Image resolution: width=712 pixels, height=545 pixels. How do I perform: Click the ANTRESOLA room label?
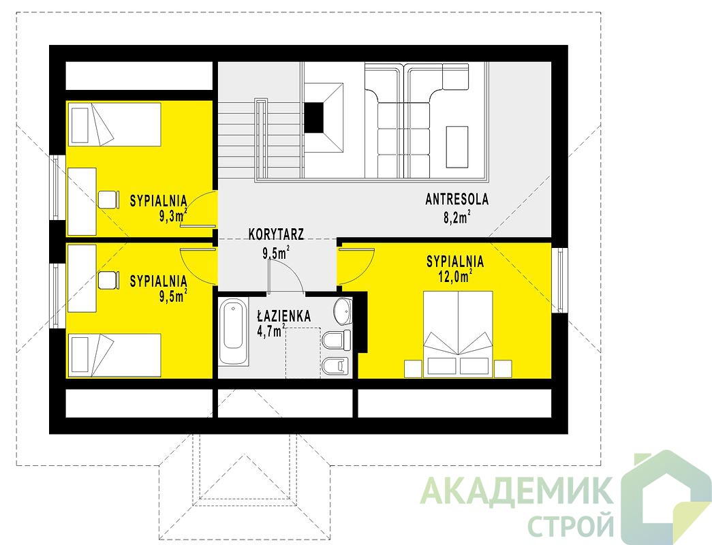coord(456,200)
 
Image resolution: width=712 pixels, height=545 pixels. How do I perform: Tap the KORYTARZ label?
coord(277,234)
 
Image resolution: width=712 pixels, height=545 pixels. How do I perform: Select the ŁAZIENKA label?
coord(283,315)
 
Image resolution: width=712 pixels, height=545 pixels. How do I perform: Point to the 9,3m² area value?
coord(173,215)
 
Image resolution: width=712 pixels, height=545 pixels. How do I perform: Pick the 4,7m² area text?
coord(271,330)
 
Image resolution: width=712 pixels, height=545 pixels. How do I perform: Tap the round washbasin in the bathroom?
coord(343,311)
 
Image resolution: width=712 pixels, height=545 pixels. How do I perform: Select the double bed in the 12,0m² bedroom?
coord(458,334)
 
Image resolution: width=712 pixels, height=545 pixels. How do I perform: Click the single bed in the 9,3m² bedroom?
coord(114,125)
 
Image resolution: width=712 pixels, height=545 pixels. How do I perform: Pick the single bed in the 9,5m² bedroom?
coord(114,356)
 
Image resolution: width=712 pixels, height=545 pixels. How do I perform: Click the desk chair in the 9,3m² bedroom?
coord(108,199)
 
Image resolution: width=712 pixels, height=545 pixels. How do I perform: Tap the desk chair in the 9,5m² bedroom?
coord(108,280)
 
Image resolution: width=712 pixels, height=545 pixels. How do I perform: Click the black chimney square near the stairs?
coord(313,117)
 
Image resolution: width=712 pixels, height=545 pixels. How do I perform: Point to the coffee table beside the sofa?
coord(456,146)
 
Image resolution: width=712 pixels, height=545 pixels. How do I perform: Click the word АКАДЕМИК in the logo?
coord(515,491)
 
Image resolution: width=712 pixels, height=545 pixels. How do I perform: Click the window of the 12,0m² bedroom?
coord(559,280)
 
